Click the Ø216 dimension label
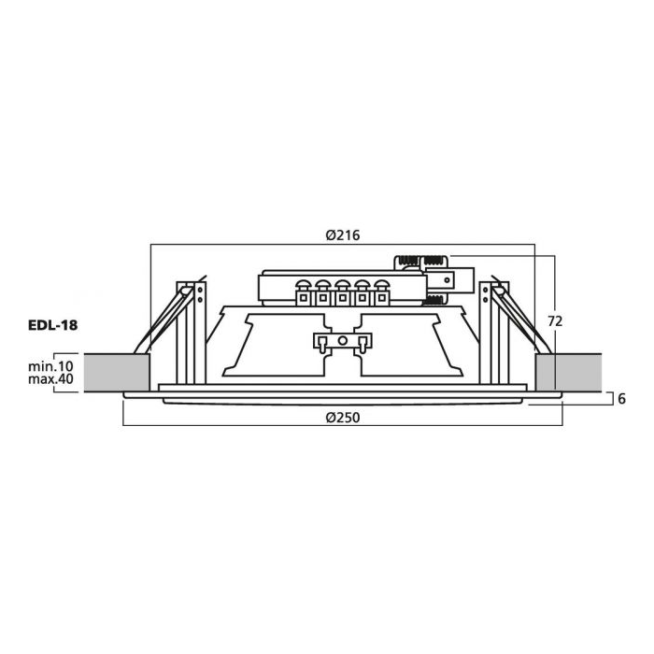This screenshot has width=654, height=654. pos(343,235)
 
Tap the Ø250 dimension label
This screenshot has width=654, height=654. pos(343,418)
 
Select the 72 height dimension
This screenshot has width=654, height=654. pos(555,321)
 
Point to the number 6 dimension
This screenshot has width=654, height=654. pos(621,399)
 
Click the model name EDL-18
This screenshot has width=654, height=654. pos(52,325)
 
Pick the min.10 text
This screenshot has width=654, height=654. pos(50,366)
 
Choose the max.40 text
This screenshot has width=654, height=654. pos(50,379)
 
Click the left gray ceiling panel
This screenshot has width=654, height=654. pos(117,373)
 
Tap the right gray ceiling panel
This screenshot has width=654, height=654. pos(568,373)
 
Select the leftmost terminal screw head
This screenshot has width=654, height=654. pos(303,284)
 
